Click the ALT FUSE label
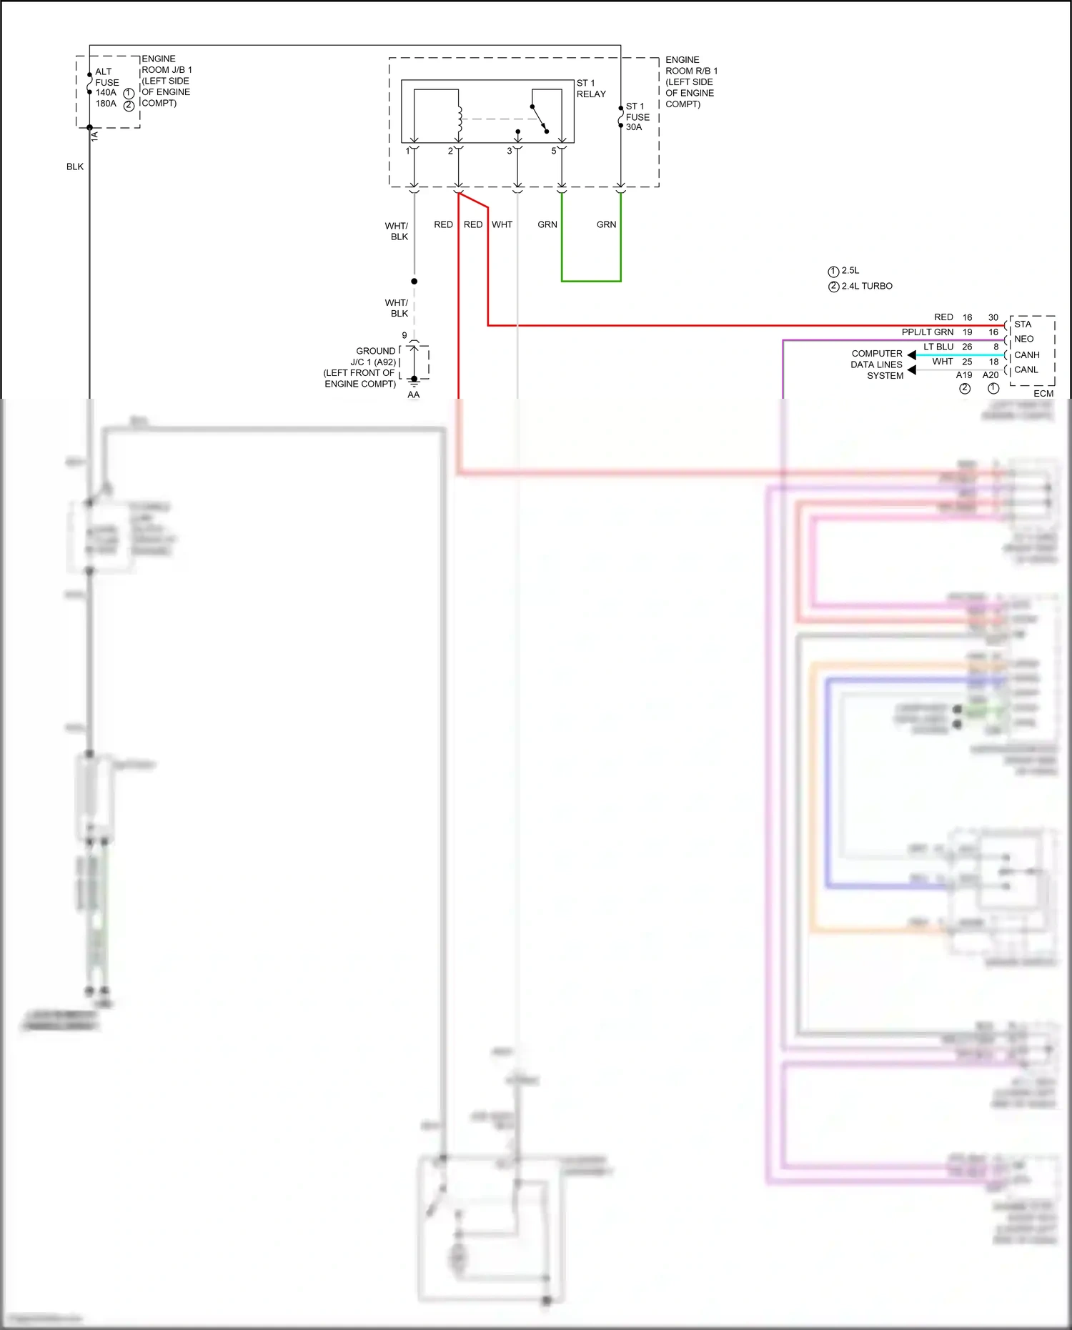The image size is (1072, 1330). pyautogui.click(x=106, y=77)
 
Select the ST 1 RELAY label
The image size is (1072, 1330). pyautogui.click(x=590, y=89)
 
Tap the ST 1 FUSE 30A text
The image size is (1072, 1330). pyautogui.click(x=637, y=116)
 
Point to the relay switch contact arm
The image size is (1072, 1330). pyautogui.click(x=540, y=119)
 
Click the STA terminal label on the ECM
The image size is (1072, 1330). pyautogui.click(x=1022, y=324)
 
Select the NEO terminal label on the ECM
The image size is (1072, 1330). pyautogui.click(x=1023, y=339)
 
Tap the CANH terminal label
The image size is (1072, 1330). pyautogui.click(x=1026, y=355)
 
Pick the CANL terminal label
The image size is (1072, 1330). pyautogui.click(x=1026, y=370)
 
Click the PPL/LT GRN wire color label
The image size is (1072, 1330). pyautogui.click(x=927, y=332)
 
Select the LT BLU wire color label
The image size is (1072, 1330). pyautogui.click(x=938, y=347)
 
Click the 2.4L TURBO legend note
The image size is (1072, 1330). pyautogui.click(x=866, y=286)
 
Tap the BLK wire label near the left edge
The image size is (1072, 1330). pyautogui.click(x=75, y=167)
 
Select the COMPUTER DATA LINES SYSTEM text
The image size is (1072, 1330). pyautogui.click(x=877, y=364)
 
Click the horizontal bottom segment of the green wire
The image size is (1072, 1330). pyautogui.click(x=591, y=281)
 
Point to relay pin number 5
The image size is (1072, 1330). pyautogui.click(x=553, y=151)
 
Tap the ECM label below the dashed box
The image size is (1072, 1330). pyautogui.click(x=1043, y=394)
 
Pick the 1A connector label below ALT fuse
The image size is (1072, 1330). pyautogui.click(x=95, y=136)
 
